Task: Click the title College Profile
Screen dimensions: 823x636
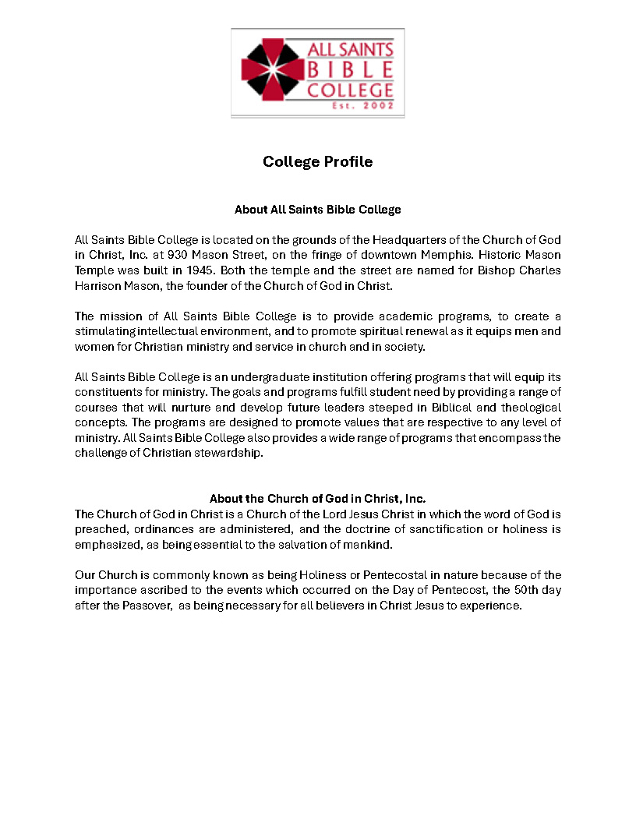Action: click(x=317, y=162)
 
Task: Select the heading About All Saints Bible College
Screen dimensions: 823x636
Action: click(x=317, y=210)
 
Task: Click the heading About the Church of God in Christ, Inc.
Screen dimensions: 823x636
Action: click(x=317, y=499)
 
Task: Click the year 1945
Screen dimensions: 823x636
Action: click(x=199, y=270)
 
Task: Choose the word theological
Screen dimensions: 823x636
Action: click(x=522, y=408)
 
